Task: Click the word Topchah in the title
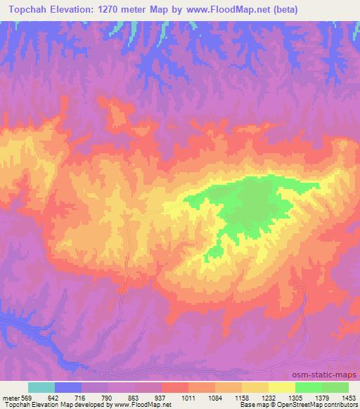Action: pyautogui.click(x=30, y=10)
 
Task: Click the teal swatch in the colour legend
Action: pyautogui.click(x=41, y=387)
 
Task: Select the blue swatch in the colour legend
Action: pyautogui.click(x=68, y=387)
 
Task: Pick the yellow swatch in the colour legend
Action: pyautogui.click(x=282, y=387)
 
